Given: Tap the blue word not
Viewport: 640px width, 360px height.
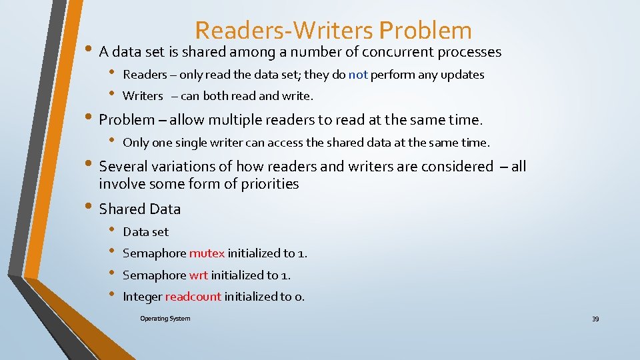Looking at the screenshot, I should click(x=358, y=75).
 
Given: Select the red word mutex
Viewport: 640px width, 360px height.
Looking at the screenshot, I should click(x=207, y=253).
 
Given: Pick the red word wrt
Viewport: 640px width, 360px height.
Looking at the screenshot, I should click(x=199, y=275).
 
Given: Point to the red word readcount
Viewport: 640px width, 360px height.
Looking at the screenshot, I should click(x=193, y=297).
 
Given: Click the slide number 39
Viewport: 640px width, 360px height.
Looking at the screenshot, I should click(x=595, y=319).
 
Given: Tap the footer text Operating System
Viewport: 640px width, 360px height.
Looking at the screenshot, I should click(x=165, y=319).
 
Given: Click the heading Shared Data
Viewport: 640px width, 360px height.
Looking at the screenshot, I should click(x=140, y=209).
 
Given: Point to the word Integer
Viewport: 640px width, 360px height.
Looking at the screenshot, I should click(x=142, y=297).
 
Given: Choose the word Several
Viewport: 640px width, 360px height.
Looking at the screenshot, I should click(x=123, y=167).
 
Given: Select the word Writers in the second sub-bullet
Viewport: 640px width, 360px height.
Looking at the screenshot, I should click(x=143, y=96).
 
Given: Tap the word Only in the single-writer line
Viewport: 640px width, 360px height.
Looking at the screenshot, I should click(x=136, y=143).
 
